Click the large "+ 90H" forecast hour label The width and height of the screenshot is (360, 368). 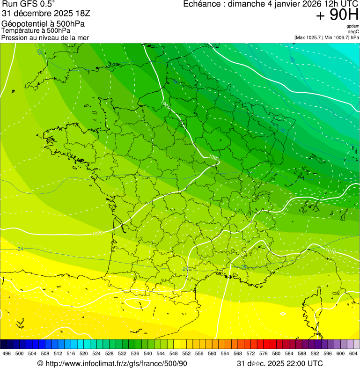click(337, 15)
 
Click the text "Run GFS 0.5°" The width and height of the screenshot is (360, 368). click(29, 4)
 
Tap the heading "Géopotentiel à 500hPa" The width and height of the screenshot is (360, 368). click(43, 24)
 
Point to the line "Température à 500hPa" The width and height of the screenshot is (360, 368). click(36, 30)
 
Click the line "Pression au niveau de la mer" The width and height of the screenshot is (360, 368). click(45, 37)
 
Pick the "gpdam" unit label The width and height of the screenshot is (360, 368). click(353, 27)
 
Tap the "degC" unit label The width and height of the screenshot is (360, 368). click(353, 32)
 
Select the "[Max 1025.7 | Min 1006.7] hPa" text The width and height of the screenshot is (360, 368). click(326, 37)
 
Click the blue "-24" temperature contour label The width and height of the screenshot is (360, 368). click(19, 249)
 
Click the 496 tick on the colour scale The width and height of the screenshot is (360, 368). click(7, 354)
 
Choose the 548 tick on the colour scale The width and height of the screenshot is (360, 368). click(173, 354)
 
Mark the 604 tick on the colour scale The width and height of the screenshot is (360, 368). click(353, 354)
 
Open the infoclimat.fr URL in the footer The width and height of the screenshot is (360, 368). click(112, 364)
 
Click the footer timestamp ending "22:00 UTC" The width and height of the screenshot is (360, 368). click(279, 364)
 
